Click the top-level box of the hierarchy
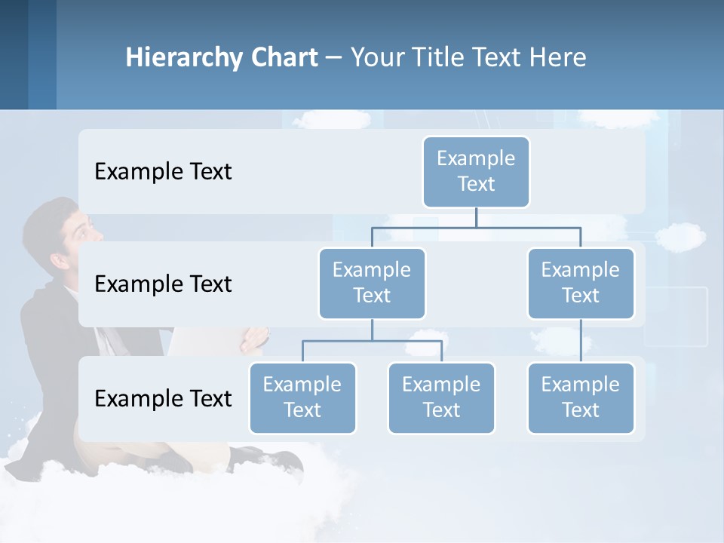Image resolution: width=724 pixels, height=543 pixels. click(x=476, y=172)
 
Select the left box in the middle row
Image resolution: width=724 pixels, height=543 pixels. click(x=372, y=284)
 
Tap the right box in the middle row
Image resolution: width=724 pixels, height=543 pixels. click(x=581, y=284)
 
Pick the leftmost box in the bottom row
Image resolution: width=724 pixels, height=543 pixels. click(x=302, y=398)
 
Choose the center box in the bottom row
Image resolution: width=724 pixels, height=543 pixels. click(x=441, y=398)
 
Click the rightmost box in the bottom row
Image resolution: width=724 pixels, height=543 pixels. click(x=581, y=398)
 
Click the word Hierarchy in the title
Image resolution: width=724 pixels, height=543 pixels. click(x=184, y=58)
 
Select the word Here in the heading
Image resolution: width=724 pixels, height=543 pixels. click(x=557, y=58)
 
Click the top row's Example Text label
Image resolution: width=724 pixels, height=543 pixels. click(x=163, y=172)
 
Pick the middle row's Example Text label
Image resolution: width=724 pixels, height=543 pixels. click(x=163, y=284)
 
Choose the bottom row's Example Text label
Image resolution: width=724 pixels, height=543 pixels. click(x=163, y=398)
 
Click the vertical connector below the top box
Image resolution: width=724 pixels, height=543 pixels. click(x=476, y=216)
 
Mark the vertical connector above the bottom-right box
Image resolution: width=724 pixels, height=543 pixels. click(x=581, y=341)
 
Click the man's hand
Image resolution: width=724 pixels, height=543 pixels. click(x=255, y=339)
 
